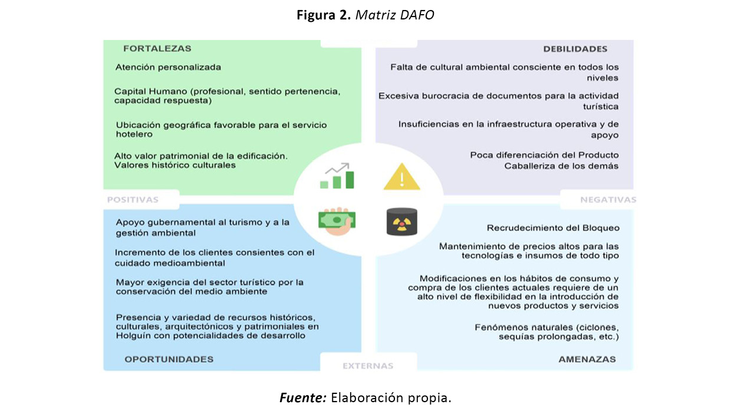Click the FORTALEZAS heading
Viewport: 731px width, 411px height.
click(x=157, y=49)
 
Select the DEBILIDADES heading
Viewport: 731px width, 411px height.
click(x=575, y=49)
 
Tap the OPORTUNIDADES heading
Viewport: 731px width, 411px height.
click(x=169, y=359)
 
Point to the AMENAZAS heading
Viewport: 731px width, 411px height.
click(x=587, y=359)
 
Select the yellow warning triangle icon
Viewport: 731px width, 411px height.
click(x=401, y=177)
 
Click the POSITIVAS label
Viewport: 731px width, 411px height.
click(x=133, y=200)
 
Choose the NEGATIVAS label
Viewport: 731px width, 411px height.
click(x=608, y=200)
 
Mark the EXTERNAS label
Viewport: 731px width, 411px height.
click(x=368, y=366)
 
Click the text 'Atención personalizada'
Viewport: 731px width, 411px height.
click(x=168, y=67)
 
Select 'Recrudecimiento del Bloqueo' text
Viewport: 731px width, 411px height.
click(x=553, y=228)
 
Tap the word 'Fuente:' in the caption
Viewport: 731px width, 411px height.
click(x=302, y=397)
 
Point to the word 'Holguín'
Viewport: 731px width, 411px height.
click(x=133, y=336)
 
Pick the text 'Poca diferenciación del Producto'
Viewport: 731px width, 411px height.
click(x=544, y=155)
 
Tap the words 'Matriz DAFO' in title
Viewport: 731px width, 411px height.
click(x=396, y=15)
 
